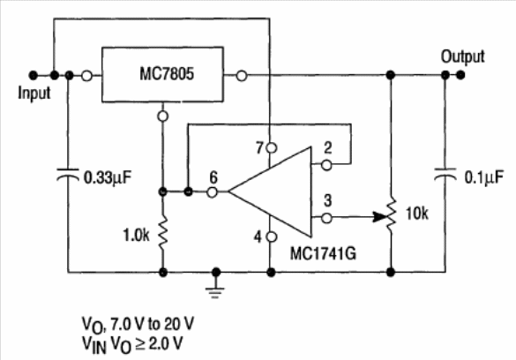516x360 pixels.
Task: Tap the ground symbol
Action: coord(215,289)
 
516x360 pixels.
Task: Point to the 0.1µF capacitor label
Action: coord(483,178)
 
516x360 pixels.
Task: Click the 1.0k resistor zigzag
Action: coord(163,231)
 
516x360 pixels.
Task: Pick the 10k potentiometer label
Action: coord(417,214)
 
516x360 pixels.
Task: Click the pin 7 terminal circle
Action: coord(271,148)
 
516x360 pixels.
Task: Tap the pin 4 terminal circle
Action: coord(271,236)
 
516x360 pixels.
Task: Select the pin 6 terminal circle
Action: coord(213,191)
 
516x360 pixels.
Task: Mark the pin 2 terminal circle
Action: coord(326,165)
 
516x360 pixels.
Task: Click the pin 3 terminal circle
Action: coord(326,218)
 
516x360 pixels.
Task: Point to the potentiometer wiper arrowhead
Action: coord(379,217)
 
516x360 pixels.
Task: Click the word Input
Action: coord(34,94)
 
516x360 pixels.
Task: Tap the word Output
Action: coord(463,56)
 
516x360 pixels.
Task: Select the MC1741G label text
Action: coord(323,254)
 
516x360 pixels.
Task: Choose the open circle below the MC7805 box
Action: coord(163,116)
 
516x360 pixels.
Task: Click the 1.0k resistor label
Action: coord(136,236)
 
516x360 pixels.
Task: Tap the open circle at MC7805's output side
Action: coord(242,76)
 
